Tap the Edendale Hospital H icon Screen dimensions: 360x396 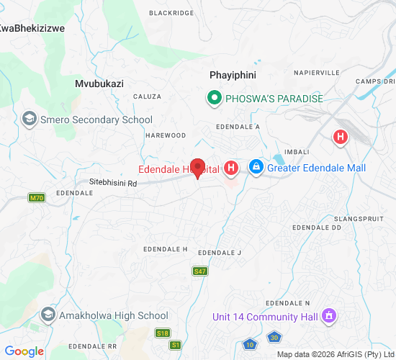231,168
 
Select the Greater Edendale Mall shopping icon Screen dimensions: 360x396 256,168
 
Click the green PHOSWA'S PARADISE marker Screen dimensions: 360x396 214,97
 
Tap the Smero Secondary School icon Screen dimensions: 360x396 30,120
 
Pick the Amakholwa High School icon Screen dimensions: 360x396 48,315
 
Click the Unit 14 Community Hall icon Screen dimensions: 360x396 329,315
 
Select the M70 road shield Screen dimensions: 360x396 37,197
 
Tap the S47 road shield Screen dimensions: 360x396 200,271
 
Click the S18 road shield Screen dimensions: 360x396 163,333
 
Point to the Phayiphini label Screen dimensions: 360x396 233,75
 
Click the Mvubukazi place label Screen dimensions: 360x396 99,84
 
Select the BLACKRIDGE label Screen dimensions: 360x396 171,13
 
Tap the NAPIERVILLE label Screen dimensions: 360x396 316,73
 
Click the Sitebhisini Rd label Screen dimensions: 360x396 112,183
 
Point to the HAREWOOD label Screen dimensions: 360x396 166,135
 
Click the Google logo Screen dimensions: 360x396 23,351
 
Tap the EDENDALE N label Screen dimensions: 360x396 287,303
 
